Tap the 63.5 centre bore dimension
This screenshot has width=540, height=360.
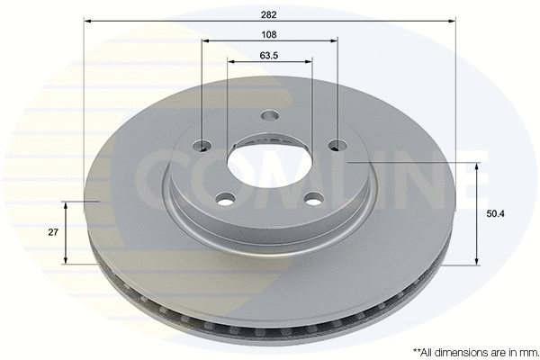pyautogui.click(x=269, y=55)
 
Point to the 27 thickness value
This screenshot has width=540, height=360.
pyautogui.click(x=53, y=231)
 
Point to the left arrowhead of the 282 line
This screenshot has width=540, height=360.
pyautogui.click(x=86, y=19)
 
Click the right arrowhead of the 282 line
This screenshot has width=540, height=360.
pyautogui.click(x=453, y=19)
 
